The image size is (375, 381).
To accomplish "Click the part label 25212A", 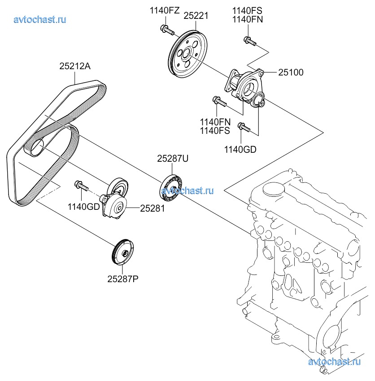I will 75,66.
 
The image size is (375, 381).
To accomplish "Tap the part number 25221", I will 196,16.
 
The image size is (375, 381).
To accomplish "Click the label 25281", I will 153,208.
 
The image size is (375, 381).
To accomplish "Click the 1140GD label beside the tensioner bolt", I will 83,207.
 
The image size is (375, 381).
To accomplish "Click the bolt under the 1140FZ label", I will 166,31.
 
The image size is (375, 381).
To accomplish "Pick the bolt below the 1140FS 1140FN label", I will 249,41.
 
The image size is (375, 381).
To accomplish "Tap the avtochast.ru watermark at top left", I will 40,19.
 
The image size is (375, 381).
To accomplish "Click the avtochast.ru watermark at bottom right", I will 335,361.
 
